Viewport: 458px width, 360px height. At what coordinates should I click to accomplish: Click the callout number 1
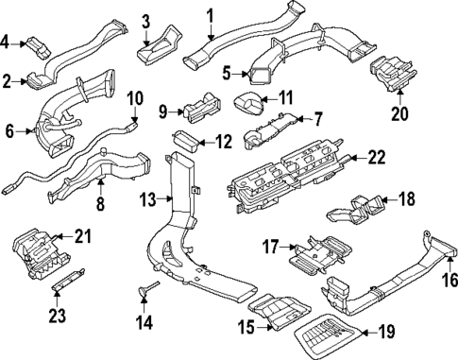pyautogui.click(x=210, y=15)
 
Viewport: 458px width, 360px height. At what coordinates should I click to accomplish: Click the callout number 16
pyautogui.click(x=450, y=279)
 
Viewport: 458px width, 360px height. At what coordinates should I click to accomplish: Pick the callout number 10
pyautogui.click(x=134, y=97)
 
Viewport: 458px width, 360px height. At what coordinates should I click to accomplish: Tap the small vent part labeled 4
pyautogui.click(x=37, y=43)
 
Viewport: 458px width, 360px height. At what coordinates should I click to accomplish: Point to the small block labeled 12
pyautogui.click(x=188, y=144)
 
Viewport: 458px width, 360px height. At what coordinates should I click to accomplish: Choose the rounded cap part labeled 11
pyautogui.click(x=248, y=104)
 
